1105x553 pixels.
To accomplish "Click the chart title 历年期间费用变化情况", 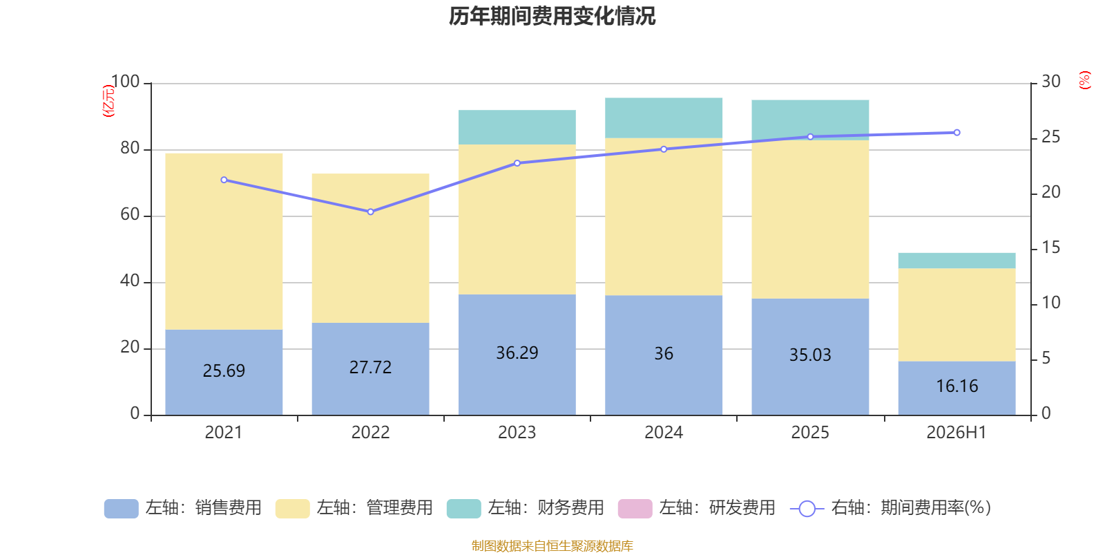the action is (x=552, y=16).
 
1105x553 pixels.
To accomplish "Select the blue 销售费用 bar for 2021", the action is (x=224, y=373).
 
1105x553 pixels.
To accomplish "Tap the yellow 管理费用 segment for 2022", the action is (x=370, y=248).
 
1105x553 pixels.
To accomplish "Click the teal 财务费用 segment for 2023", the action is (x=517, y=127).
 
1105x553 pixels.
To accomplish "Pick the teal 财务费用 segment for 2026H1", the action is (x=957, y=261).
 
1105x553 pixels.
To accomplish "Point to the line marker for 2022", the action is (x=370, y=212).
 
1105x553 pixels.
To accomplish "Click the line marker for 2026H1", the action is (x=957, y=132).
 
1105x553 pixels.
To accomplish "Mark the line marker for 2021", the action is (x=224, y=180).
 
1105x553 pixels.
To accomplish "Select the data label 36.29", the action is (x=517, y=353).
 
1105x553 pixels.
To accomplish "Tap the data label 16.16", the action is (x=957, y=386).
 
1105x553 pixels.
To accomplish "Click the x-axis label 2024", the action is (x=664, y=433).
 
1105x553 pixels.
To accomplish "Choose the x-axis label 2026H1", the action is (x=956, y=433).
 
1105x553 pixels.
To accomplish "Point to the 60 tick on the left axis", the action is (x=130, y=214).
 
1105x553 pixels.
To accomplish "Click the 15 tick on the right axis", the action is (x=1050, y=247).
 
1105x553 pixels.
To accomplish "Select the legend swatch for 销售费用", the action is (x=122, y=509).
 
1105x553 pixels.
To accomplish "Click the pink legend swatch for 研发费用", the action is (x=635, y=509).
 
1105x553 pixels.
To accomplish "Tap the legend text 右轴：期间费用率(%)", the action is (x=911, y=507).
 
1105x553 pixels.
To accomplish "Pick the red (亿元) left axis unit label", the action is (x=108, y=100).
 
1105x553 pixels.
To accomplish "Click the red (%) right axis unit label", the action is (x=1084, y=80).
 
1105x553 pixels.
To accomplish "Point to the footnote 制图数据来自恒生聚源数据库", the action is (x=552, y=545).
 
